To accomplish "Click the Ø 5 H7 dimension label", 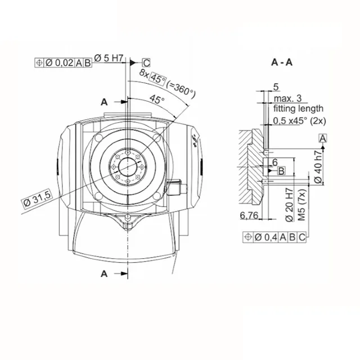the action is point(109,58).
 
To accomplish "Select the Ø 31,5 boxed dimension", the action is point(37,199).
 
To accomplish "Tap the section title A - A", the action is point(282,62).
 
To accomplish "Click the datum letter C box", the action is point(146,62).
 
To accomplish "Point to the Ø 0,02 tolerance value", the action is point(59,63).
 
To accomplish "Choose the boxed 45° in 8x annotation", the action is point(157,79).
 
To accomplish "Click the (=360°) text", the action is point(181,89).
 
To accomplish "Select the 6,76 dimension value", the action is point(249,215).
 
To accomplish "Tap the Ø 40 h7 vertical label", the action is point(318,167).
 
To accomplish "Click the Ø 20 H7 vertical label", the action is point(290,205).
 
